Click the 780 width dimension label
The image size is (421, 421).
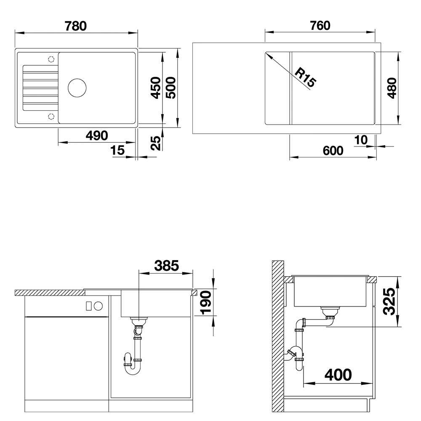point(76,26)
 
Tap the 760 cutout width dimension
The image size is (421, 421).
point(320,26)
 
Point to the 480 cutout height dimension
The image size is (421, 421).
point(392,88)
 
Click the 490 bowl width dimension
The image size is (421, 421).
point(97,136)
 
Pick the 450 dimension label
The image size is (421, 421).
point(156,88)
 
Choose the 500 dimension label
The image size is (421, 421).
point(171,88)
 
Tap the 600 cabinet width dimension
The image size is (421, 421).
point(333,151)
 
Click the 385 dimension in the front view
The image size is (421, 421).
point(166,266)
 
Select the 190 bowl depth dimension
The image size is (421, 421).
point(206,303)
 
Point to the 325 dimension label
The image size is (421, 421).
point(389,301)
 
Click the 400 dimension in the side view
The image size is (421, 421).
point(338,375)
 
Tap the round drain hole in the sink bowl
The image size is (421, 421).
point(77,88)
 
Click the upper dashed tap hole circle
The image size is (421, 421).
point(51,59)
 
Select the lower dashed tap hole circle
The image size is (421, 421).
point(51,116)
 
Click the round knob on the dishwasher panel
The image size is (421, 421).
point(98,306)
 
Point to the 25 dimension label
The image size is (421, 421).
point(156,143)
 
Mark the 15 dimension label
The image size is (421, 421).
point(117,150)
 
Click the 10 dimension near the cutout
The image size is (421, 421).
point(361,140)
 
